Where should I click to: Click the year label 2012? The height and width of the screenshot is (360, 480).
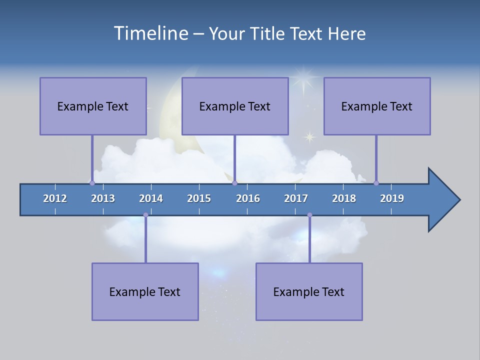tap(55, 198)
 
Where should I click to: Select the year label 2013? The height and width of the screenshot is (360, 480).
tap(103, 198)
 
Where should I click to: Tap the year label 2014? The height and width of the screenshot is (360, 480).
tap(151, 198)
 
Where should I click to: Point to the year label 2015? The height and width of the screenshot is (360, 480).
tap(199, 198)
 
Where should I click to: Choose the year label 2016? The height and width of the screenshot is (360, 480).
tap(248, 198)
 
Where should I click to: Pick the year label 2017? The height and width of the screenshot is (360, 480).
tap(296, 198)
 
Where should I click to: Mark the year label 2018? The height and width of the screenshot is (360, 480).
tap(344, 198)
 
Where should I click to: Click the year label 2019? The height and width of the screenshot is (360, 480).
tap(392, 198)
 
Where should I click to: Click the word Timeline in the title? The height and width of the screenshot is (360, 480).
tap(150, 33)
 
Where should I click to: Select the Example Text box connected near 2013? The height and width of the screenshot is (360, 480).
tap(93, 106)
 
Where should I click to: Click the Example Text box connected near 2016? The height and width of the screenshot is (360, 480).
tap(235, 106)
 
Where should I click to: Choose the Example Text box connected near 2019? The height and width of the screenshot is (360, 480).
tap(377, 106)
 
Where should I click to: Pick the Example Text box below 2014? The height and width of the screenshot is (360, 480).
tap(145, 291)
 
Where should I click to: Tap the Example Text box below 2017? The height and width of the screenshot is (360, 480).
tap(309, 291)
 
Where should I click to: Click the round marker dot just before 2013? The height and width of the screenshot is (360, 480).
tap(92, 183)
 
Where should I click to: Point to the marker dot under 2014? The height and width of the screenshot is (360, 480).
tap(145, 215)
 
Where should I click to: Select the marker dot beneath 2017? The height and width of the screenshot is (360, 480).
tap(309, 215)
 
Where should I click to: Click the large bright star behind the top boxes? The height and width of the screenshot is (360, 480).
tap(301, 78)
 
